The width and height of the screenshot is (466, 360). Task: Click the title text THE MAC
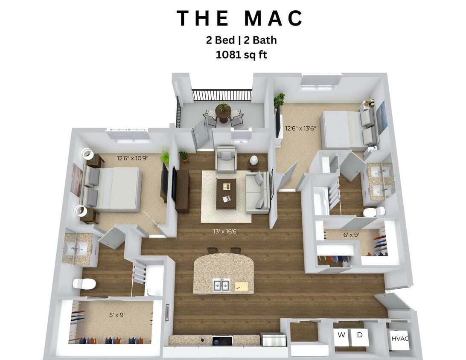click(x=240, y=19)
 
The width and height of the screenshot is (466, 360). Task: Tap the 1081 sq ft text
click(x=242, y=54)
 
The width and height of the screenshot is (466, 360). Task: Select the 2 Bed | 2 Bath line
click(x=242, y=40)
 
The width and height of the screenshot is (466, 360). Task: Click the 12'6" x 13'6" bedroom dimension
click(x=300, y=128)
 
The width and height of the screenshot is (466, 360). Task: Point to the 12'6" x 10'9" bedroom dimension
click(x=132, y=158)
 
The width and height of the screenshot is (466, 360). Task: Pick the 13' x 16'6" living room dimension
click(x=226, y=232)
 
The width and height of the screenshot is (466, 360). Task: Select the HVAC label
click(x=400, y=339)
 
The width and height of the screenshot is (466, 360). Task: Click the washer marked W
click(x=341, y=335)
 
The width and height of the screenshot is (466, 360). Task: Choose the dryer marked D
click(x=360, y=335)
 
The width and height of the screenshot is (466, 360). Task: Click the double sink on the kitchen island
click(x=221, y=285)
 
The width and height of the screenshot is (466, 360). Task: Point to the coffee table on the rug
click(x=226, y=194)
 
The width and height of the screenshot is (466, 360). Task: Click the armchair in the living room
click(x=226, y=160)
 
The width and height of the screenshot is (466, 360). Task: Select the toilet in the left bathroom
click(x=83, y=284)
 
